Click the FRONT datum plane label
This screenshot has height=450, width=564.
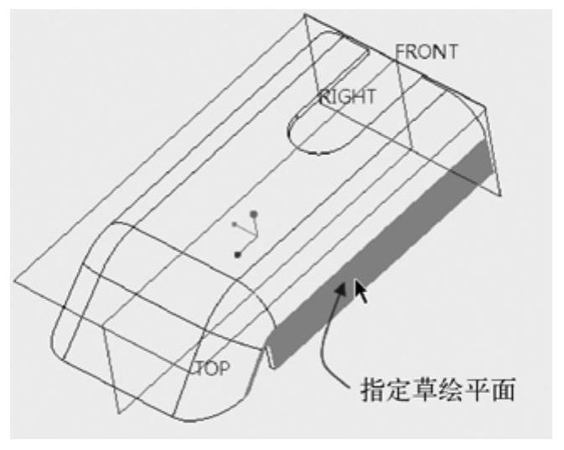tap(427, 52)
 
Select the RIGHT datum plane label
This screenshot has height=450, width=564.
tap(347, 96)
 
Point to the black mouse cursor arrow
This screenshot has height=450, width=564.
tap(360, 291)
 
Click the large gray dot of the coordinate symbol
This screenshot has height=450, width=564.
tap(254, 215)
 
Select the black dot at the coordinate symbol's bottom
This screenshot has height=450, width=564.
tap(239, 254)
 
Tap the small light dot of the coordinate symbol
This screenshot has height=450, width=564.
tap(234, 224)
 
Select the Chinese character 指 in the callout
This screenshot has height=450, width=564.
tap(374, 390)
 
